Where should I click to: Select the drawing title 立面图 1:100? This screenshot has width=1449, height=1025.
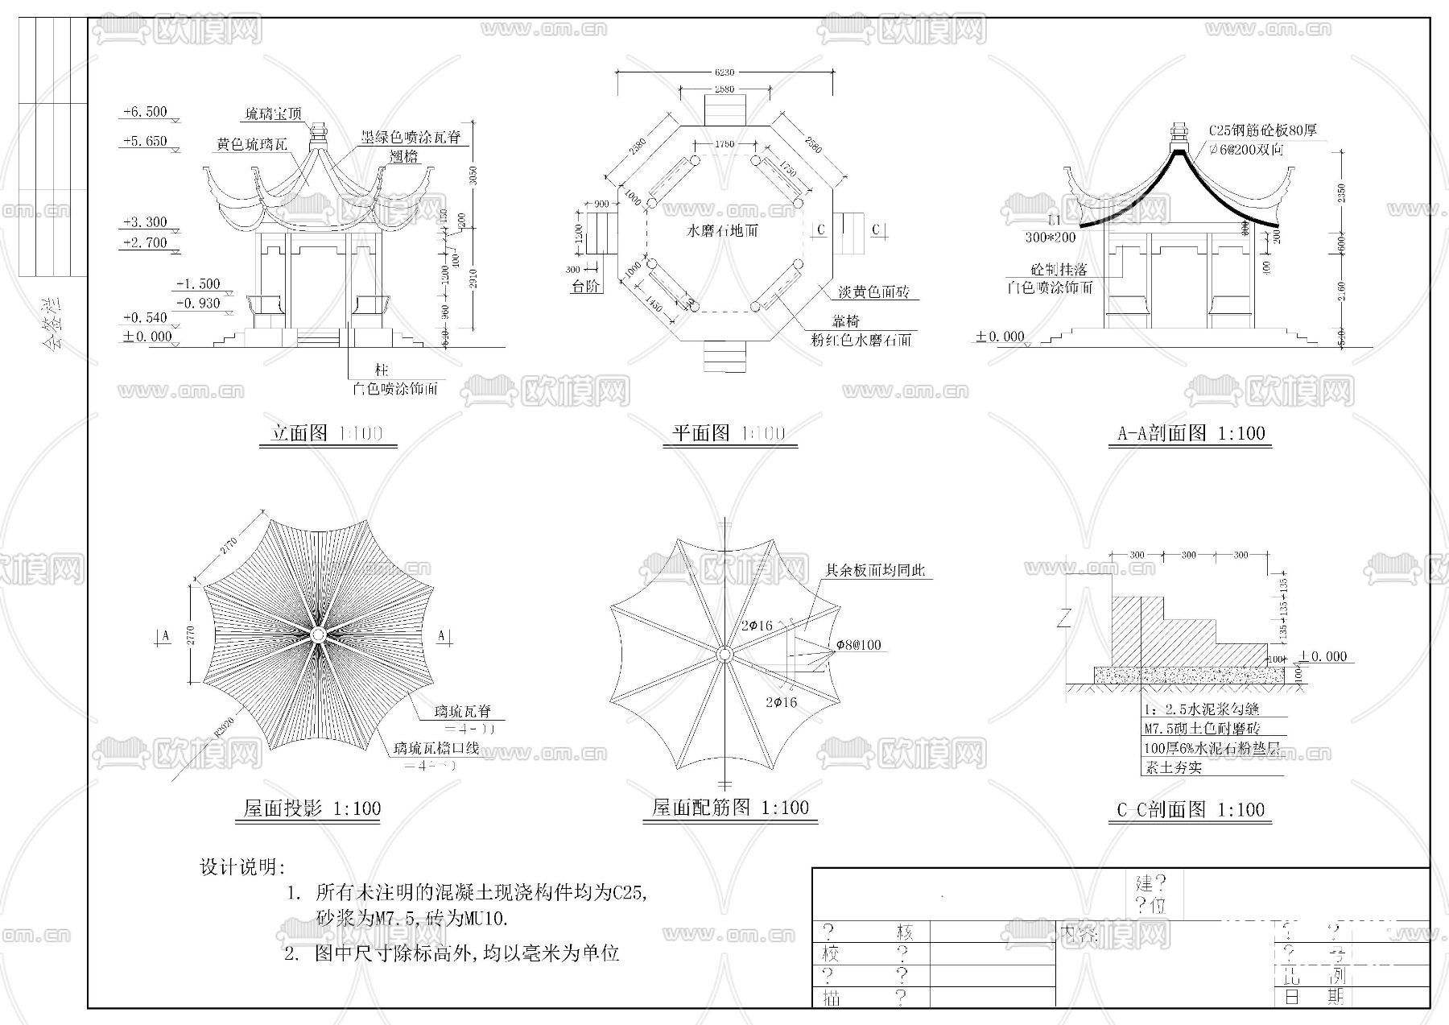click(327, 433)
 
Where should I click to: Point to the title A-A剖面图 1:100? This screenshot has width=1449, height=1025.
click(1191, 433)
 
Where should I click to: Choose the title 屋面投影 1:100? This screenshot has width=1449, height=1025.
click(312, 808)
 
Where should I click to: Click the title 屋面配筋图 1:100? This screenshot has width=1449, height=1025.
click(730, 808)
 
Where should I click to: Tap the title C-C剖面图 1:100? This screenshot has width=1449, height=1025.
click(1191, 809)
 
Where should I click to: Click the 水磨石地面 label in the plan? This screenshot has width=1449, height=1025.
click(722, 231)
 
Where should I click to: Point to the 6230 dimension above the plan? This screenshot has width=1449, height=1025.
click(724, 72)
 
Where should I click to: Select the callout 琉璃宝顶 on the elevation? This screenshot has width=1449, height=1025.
click(274, 114)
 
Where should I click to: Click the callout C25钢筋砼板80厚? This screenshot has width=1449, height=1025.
click(1262, 130)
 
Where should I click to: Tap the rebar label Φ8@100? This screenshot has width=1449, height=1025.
click(858, 645)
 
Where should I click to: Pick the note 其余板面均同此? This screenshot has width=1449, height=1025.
click(876, 571)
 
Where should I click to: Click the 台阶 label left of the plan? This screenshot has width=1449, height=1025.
click(586, 286)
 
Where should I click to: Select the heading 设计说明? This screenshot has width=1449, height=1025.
click(242, 867)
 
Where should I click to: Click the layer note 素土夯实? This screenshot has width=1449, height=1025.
click(1173, 767)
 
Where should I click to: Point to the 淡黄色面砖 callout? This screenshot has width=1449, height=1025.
click(873, 291)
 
